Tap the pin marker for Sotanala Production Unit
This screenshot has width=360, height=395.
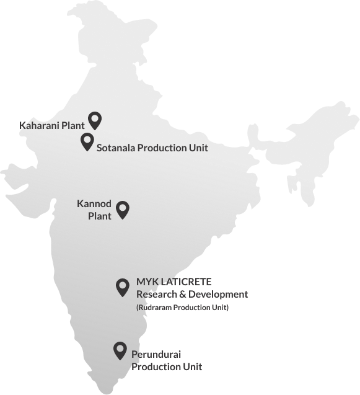tap(87, 141)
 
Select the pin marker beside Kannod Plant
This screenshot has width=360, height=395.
tap(123, 210)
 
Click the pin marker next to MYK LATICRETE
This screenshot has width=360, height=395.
tap(123, 286)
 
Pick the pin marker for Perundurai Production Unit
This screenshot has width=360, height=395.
tap(120, 350)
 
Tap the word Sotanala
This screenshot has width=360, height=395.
tap(115, 148)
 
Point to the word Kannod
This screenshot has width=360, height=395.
tap(94, 204)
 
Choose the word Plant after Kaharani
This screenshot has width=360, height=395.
tap(73, 125)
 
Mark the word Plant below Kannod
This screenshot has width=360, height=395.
tap(100, 216)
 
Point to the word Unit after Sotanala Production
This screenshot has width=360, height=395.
tap(199, 148)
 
